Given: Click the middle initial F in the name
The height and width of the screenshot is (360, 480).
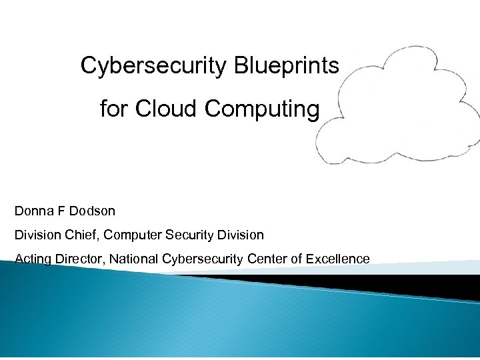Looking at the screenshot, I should coord(61,211).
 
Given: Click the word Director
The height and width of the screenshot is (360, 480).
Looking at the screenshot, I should coord(81,259).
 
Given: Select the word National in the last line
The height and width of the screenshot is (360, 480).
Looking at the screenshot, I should coord(135,259).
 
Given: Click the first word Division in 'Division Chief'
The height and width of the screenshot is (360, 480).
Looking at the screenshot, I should coord(37,235).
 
